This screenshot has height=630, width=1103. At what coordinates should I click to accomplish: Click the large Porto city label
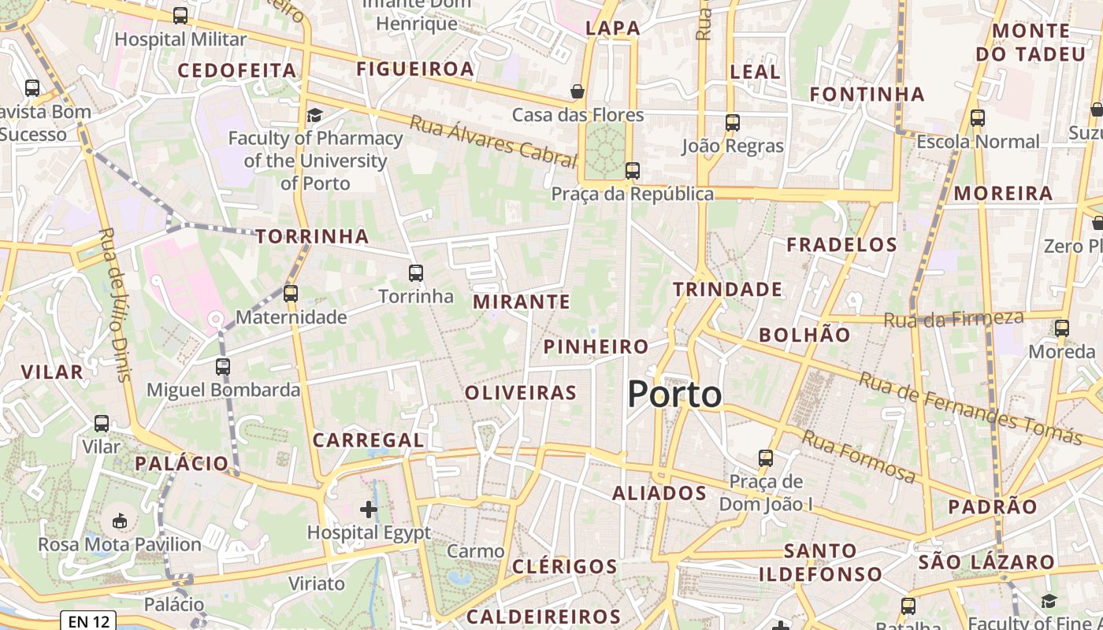click(x=674, y=395)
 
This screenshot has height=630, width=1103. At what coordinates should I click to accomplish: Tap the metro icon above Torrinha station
click(x=416, y=273)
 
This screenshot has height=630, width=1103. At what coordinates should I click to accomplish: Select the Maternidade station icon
click(x=291, y=294)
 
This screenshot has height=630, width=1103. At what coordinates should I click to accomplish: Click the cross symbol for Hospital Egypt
click(x=368, y=510)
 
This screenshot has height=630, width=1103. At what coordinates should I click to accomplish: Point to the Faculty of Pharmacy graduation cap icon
click(x=314, y=115)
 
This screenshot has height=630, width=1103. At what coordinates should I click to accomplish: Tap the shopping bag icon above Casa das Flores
click(x=577, y=91)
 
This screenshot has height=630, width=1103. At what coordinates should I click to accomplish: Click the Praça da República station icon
click(x=632, y=170)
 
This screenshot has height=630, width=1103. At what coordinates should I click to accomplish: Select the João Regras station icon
click(x=733, y=122)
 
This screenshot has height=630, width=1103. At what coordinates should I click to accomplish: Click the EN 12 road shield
click(x=88, y=621)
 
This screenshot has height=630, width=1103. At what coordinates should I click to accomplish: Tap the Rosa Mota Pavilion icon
click(x=120, y=521)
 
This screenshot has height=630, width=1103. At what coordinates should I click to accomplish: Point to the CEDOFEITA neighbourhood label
click(x=237, y=71)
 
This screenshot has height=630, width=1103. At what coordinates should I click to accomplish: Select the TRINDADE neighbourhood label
click(x=728, y=290)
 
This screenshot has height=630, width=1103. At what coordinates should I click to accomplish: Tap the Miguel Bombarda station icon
click(x=223, y=366)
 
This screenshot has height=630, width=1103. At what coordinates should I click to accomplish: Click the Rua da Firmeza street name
click(x=953, y=319)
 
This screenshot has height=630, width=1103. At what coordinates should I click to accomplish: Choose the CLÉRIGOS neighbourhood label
click(x=565, y=567)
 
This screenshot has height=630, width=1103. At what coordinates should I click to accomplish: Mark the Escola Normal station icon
click(x=978, y=118)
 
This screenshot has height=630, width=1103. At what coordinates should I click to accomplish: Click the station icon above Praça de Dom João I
click(x=765, y=458)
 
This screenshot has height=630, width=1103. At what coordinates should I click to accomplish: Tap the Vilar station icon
click(x=102, y=423)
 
